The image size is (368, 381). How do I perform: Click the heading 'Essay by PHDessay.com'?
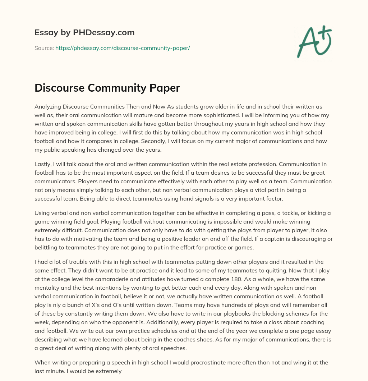point(84,33)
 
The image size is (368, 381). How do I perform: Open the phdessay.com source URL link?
point(123,48)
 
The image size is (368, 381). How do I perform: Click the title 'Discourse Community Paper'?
point(107,88)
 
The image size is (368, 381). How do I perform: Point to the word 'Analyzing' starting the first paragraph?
point(48,107)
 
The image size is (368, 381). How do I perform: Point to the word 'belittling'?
point(47,248)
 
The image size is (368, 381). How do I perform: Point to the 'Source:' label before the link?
point(44,48)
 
